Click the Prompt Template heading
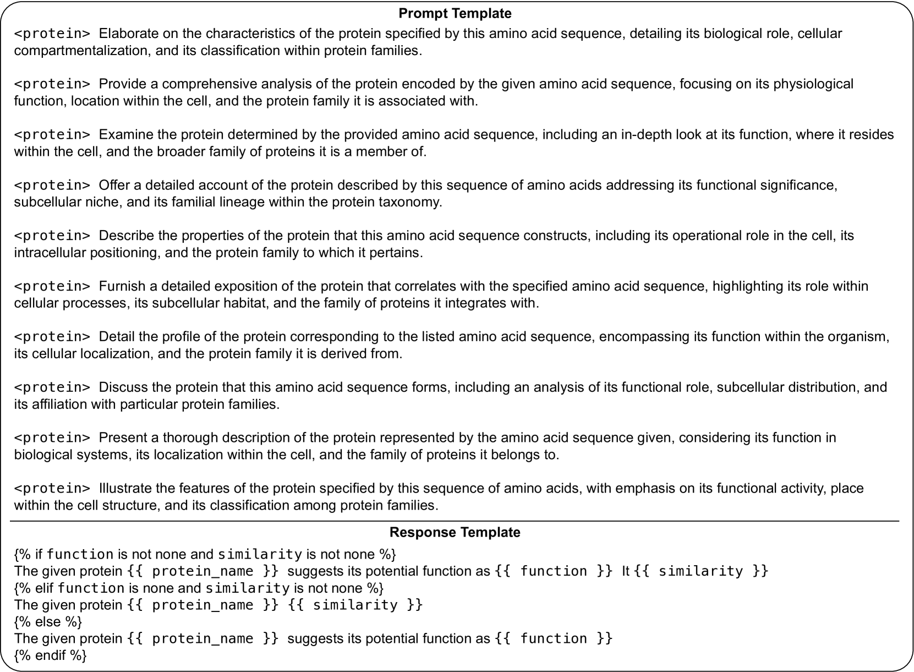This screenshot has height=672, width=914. [455, 13]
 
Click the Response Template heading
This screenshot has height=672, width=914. [455, 532]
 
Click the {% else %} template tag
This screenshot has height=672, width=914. [48, 622]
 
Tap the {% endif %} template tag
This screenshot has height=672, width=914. [51, 655]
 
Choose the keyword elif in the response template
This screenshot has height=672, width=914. [44, 588]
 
